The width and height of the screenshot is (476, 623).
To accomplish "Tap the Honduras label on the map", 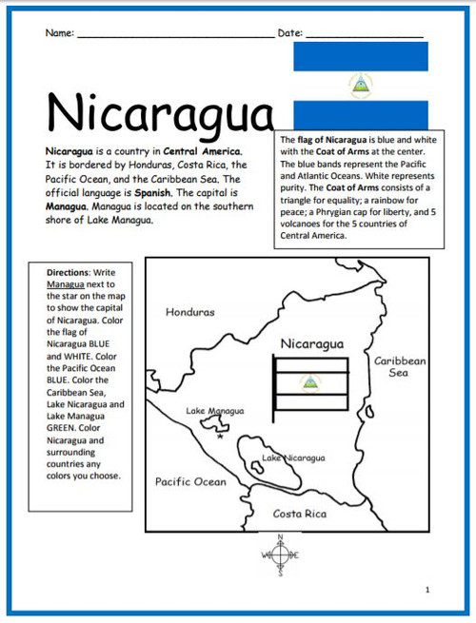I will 190,312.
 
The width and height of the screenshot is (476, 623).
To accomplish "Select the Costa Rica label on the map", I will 299,514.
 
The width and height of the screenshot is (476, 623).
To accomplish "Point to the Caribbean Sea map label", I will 400,367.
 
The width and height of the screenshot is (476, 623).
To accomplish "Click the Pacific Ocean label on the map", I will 190,481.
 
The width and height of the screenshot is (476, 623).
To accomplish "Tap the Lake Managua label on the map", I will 214,411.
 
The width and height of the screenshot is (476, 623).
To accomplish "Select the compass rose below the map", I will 280,555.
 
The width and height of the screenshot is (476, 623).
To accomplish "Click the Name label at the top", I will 59,33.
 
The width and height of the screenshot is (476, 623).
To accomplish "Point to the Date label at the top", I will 289,33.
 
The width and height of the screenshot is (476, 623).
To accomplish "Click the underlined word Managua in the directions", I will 67,283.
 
